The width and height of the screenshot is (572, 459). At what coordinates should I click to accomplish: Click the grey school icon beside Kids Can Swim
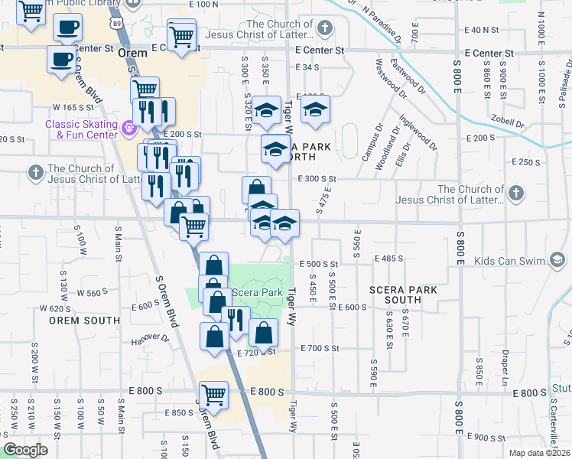tap(559, 261)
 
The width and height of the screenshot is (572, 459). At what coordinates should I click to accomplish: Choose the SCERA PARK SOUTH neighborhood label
tap(403, 295)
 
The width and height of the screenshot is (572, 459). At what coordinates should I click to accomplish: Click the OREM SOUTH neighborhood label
tap(75, 321)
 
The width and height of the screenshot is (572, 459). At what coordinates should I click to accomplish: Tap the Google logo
tap(26, 450)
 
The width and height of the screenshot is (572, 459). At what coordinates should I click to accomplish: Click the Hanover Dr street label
tap(149, 338)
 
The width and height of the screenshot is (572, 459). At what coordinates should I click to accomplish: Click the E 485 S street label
tap(389, 259)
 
